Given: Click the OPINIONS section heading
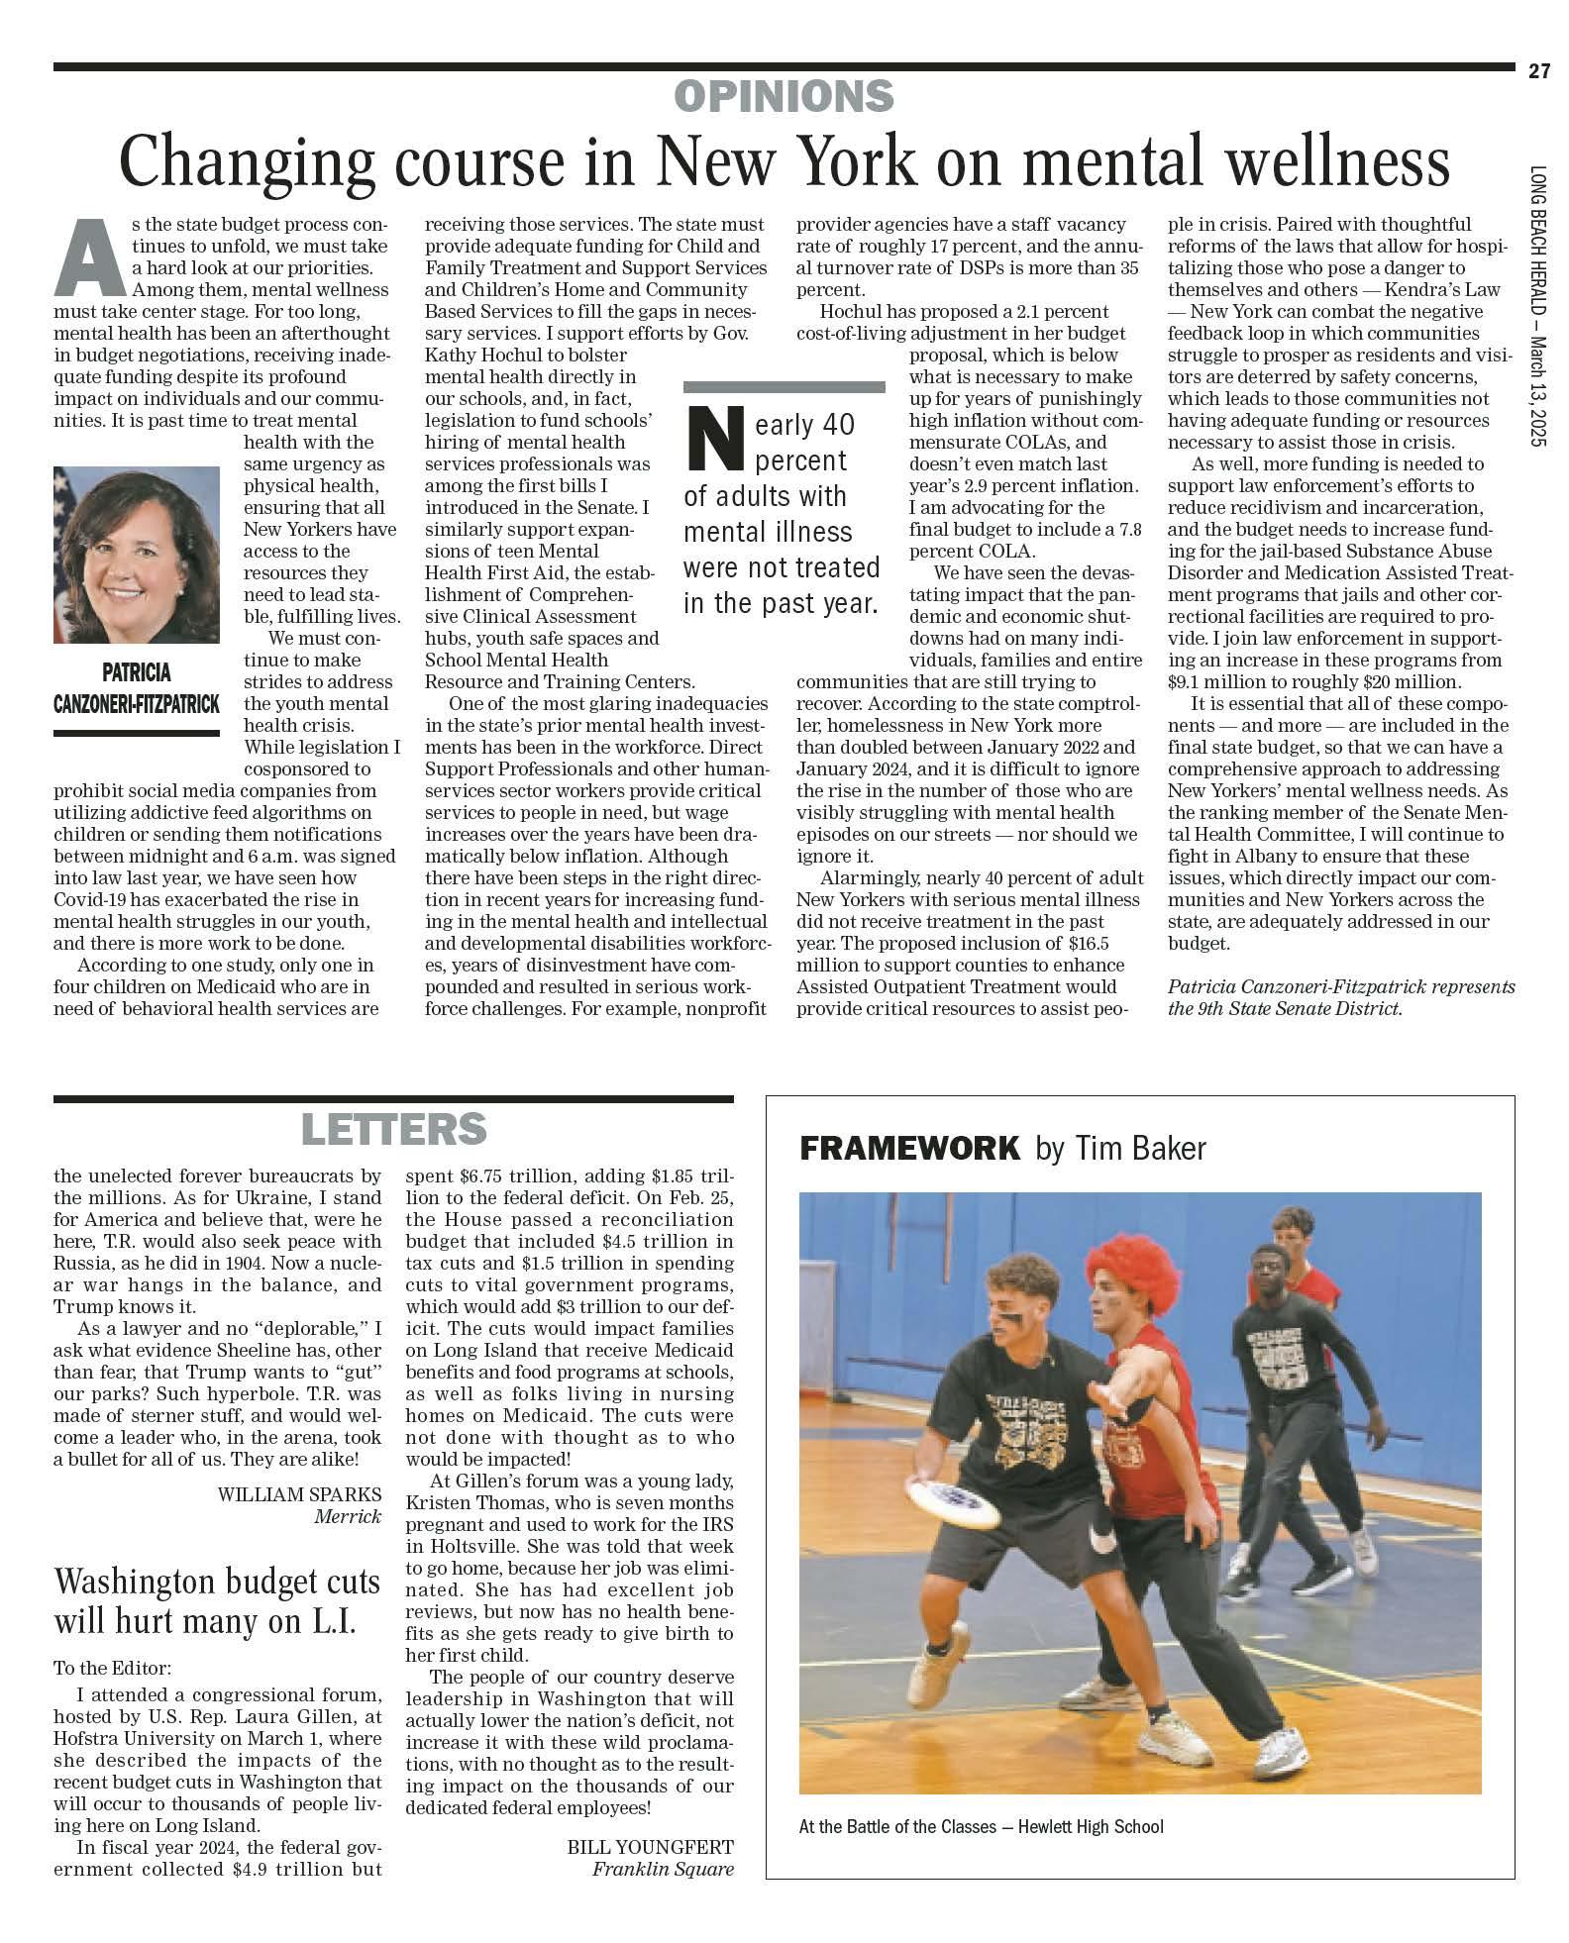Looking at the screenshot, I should [784, 96].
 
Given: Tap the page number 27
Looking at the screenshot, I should [1538, 71].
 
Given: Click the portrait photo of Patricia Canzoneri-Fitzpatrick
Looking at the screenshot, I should [137, 555].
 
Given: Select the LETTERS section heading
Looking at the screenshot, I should [393, 1129].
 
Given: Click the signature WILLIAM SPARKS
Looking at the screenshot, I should [299, 1494].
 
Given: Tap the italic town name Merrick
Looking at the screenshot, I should [347, 1516].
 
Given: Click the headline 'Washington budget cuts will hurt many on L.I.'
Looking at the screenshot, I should [217, 1601].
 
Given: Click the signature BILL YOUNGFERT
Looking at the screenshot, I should [650, 1847].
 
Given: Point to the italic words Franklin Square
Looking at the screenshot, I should [663, 1869].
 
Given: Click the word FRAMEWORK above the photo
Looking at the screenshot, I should [908, 1149].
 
